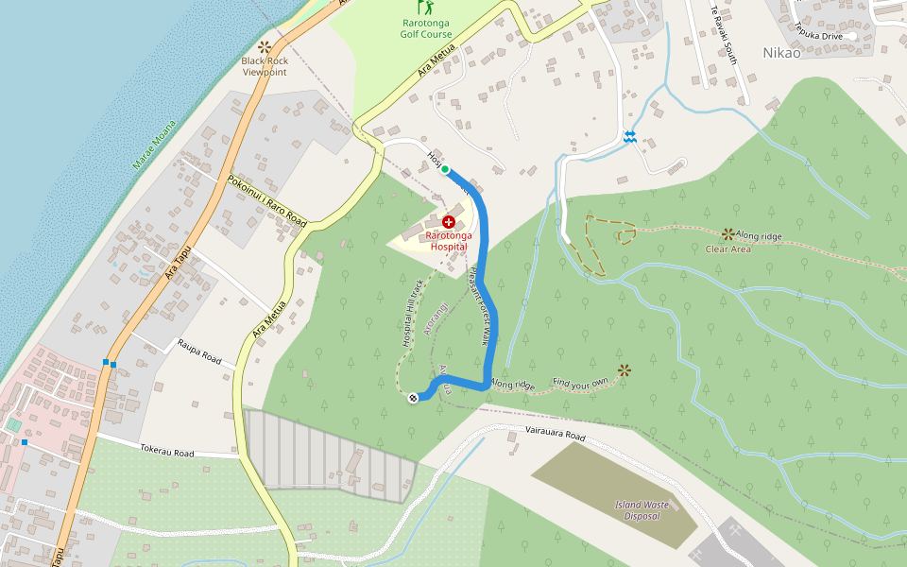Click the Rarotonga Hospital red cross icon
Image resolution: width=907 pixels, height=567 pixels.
coord(448,220)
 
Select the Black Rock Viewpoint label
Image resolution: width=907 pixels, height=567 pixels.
coord(265,66)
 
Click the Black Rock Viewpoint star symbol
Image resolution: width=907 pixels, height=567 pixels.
coord(265,46)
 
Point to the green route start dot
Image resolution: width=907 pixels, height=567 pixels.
coord(445,170)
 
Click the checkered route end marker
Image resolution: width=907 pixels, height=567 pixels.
coord(413,398)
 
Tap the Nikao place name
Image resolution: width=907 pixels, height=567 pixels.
coord(781,53)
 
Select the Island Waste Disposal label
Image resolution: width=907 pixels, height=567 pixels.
coord(642,510)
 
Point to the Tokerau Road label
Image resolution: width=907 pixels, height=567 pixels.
coord(167,452)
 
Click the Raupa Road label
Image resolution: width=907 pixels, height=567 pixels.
coord(198,352)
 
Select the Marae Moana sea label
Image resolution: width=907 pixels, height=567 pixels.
coord(154,145)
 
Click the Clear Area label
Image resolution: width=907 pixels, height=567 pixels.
coord(728,249)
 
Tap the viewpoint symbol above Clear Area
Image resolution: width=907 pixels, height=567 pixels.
coord(728,232)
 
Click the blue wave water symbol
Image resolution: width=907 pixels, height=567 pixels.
coord(629,138)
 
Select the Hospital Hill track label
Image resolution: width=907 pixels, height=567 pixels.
coord(414,312)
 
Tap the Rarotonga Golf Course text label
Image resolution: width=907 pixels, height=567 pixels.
coord(426,28)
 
